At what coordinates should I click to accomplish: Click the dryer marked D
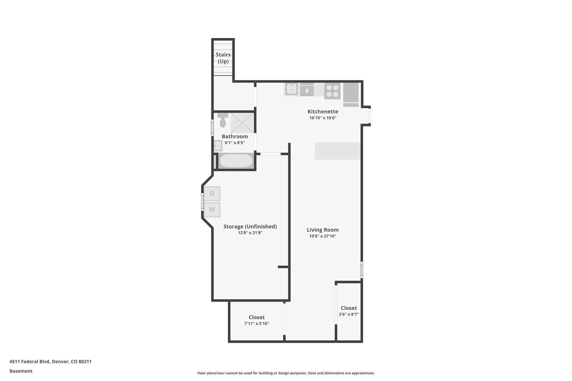pyautogui.click(x=212, y=194)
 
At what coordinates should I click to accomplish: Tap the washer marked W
pyautogui.click(x=212, y=210)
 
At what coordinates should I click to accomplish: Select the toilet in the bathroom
pyautogui.click(x=223, y=121)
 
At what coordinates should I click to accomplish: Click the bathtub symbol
pyautogui.click(x=236, y=161)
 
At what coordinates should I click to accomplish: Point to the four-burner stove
pyautogui.click(x=332, y=91)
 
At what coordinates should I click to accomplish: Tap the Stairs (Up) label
pyautogui.click(x=223, y=58)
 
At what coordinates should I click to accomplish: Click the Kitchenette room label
pyautogui.click(x=323, y=112)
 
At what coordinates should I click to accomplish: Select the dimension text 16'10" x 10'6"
pyautogui.click(x=323, y=118)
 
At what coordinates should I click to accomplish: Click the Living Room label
pyautogui.click(x=323, y=230)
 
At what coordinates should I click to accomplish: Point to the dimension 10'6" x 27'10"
pyautogui.click(x=323, y=236)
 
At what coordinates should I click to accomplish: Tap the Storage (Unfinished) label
pyautogui.click(x=250, y=226)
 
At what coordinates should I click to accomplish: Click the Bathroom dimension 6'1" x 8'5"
pyautogui.click(x=235, y=143)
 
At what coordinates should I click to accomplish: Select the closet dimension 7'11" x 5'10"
pyautogui.click(x=256, y=324)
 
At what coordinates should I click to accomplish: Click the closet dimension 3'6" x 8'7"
pyautogui.click(x=349, y=314)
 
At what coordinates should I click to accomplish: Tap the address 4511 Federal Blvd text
pyautogui.click(x=50, y=361)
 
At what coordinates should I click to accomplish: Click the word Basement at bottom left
pyautogui.click(x=21, y=371)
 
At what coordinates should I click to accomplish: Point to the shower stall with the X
pyautogui.click(x=242, y=123)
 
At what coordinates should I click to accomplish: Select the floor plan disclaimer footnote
pyautogui.click(x=286, y=373)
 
